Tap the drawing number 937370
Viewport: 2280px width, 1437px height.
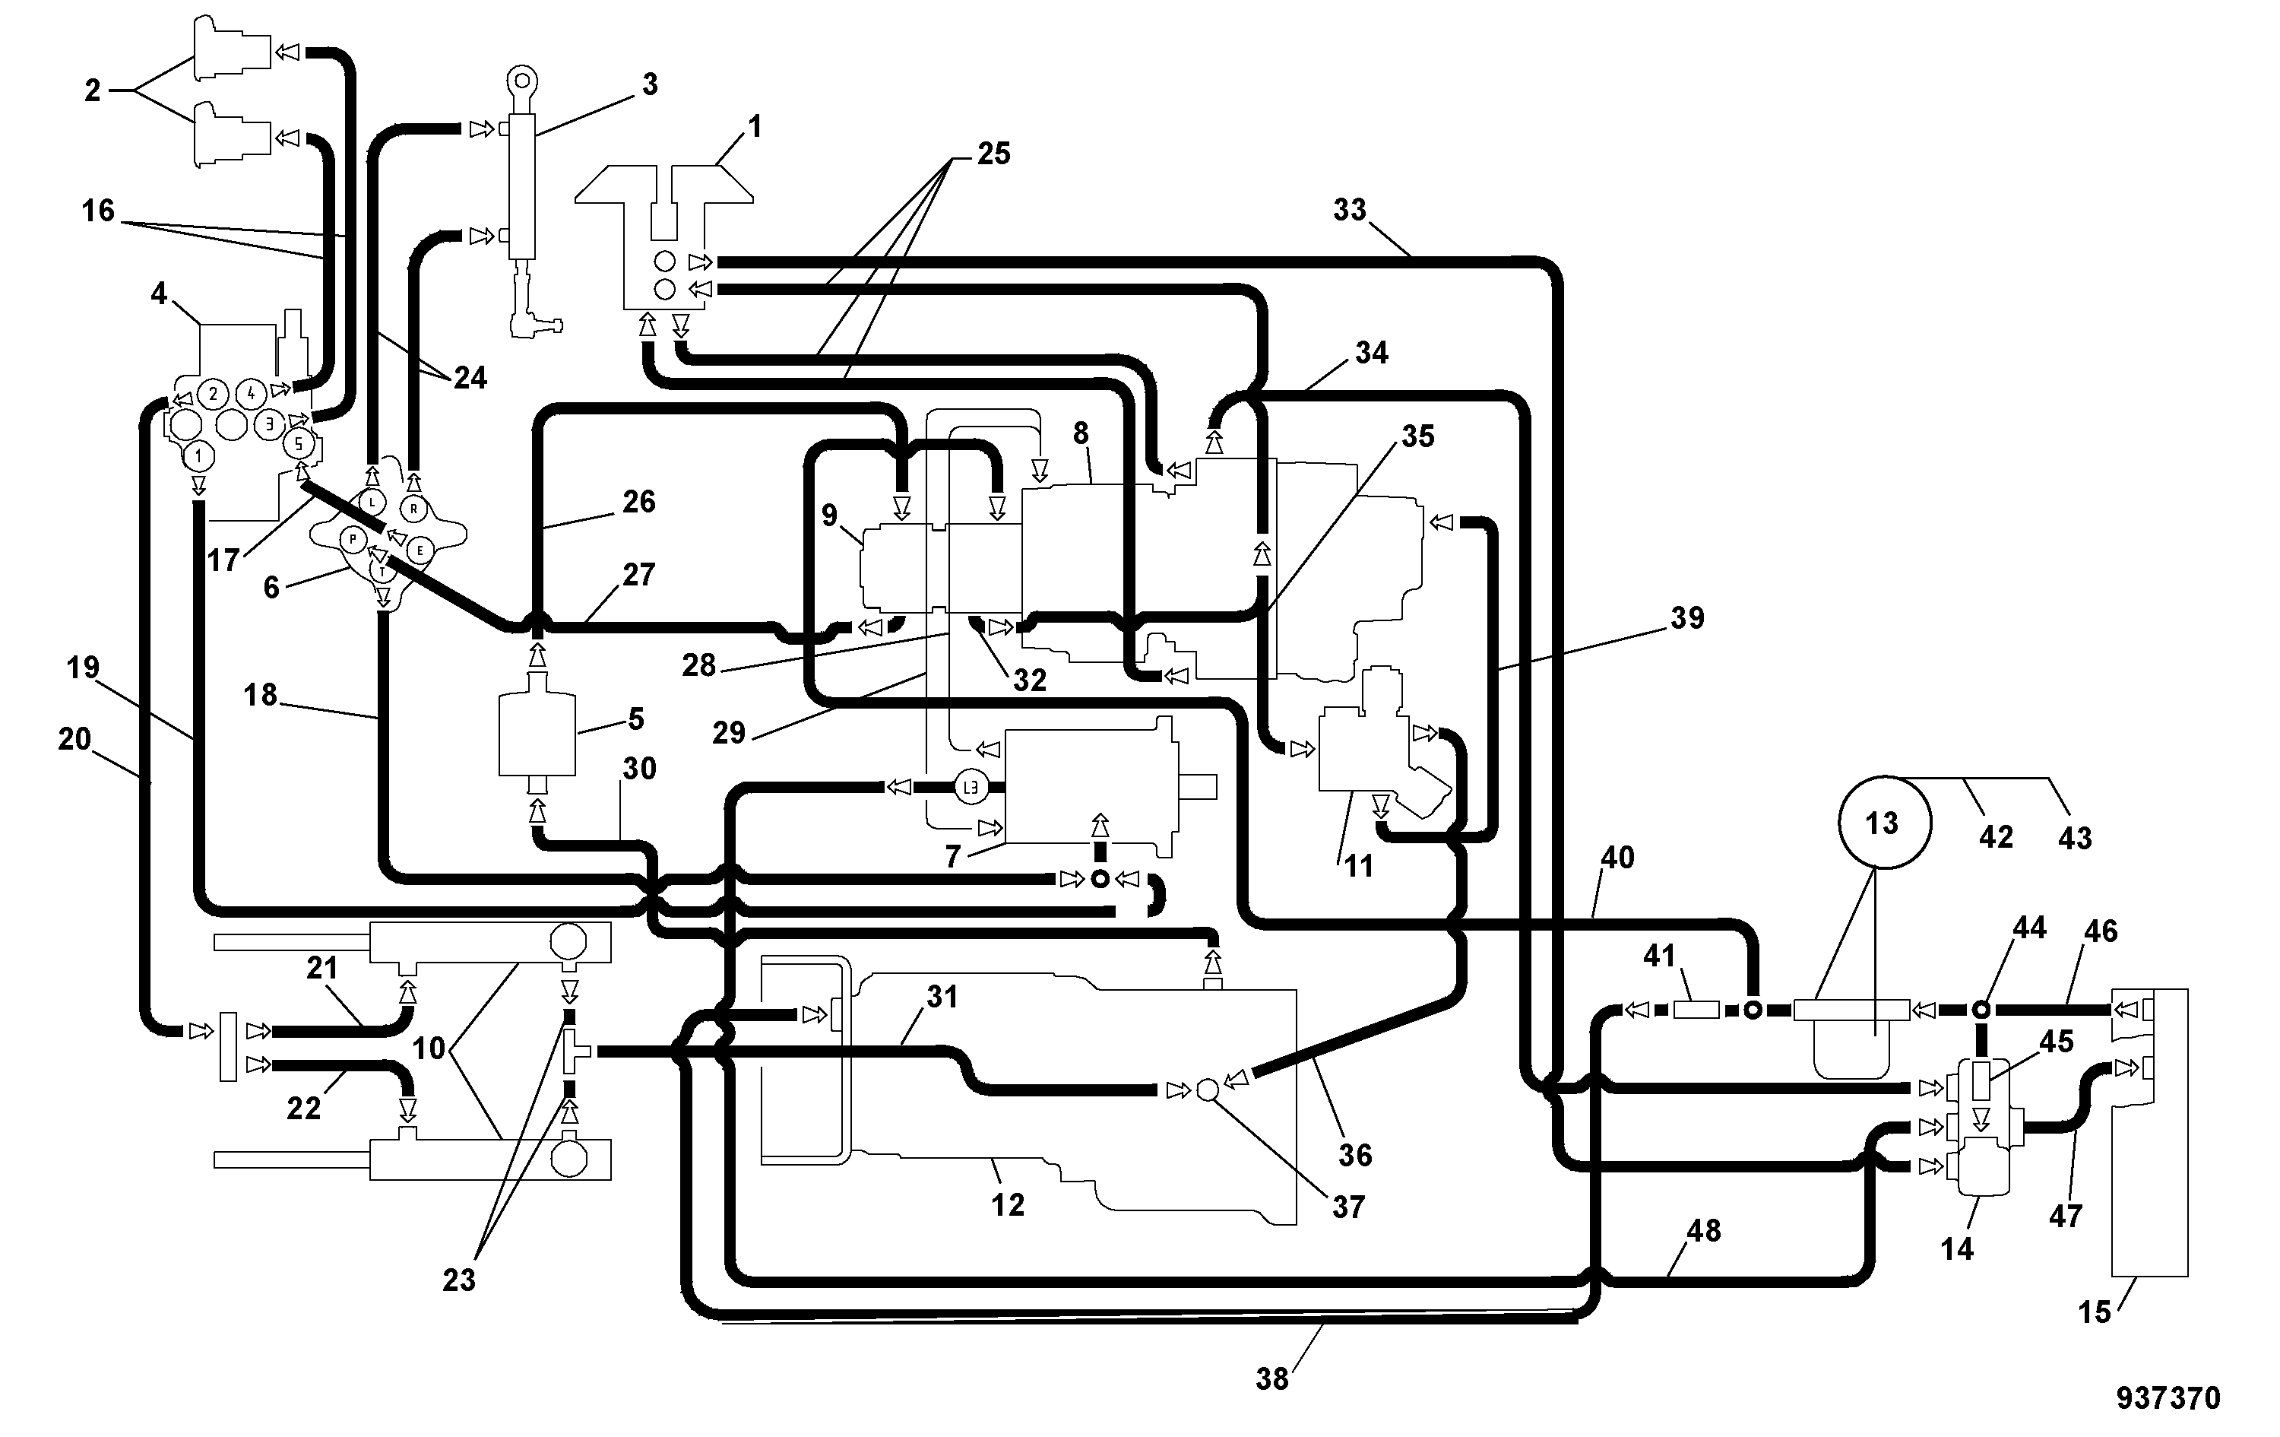click(2168, 1398)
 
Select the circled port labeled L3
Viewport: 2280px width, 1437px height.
click(971, 786)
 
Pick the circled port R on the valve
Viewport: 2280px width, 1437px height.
click(413, 509)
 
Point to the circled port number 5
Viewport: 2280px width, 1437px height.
click(298, 443)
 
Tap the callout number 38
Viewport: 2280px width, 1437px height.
click(1272, 1379)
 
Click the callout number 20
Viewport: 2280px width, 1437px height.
click(74, 739)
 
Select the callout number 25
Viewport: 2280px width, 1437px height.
click(993, 154)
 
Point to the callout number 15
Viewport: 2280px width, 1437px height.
click(2095, 1312)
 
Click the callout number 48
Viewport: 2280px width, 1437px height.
click(1705, 1230)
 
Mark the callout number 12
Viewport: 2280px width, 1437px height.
click(1009, 1205)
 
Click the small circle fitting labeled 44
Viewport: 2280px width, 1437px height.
click(1980, 1010)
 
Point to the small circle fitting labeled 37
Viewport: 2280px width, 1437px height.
click(1207, 1090)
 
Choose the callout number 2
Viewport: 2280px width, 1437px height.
click(92, 91)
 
